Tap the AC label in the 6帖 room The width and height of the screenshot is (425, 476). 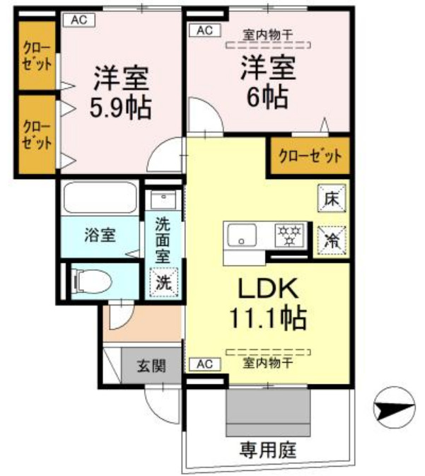pyautogui.click(x=204, y=30)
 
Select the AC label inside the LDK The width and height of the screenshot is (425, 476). pyautogui.click(x=204, y=364)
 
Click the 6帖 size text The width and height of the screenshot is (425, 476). pyautogui.click(x=267, y=96)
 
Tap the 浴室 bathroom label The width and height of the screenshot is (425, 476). pyautogui.click(x=100, y=233)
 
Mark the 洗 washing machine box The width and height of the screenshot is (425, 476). pyautogui.click(x=163, y=281)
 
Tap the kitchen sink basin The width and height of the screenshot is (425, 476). pyautogui.click(x=245, y=234)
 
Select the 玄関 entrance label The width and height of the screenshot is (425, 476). pyautogui.click(x=151, y=366)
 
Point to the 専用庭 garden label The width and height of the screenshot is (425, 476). pyautogui.click(x=267, y=448)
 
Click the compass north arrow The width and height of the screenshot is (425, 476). pyautogui.click(x=392, y=408)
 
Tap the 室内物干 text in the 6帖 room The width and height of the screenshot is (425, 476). pyautogui.click(x=268, y=33)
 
